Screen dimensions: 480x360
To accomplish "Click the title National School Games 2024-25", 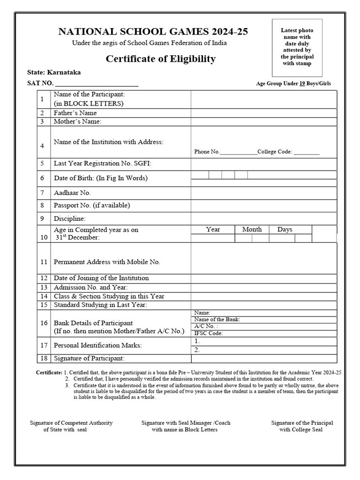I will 153,32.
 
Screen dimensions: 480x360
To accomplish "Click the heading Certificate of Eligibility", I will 161,59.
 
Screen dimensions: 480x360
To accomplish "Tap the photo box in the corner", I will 296,47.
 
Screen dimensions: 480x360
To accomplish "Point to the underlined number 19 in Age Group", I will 302,84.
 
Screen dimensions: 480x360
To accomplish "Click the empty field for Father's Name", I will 263,113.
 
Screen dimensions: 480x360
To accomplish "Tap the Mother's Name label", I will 77,121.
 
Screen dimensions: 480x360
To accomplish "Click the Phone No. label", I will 207,152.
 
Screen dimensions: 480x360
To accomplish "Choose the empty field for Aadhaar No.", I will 263,193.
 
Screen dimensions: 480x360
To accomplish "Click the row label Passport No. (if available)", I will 92,205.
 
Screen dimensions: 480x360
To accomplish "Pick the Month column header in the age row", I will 252,229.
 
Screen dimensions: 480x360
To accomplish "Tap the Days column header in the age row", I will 285,229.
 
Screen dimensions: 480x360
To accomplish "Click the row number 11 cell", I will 44,262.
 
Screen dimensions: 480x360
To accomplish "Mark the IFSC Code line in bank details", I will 208,333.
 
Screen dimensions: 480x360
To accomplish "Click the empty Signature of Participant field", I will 263,359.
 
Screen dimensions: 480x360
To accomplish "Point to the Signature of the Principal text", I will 302,423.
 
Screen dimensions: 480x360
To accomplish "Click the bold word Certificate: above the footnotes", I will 49,372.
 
